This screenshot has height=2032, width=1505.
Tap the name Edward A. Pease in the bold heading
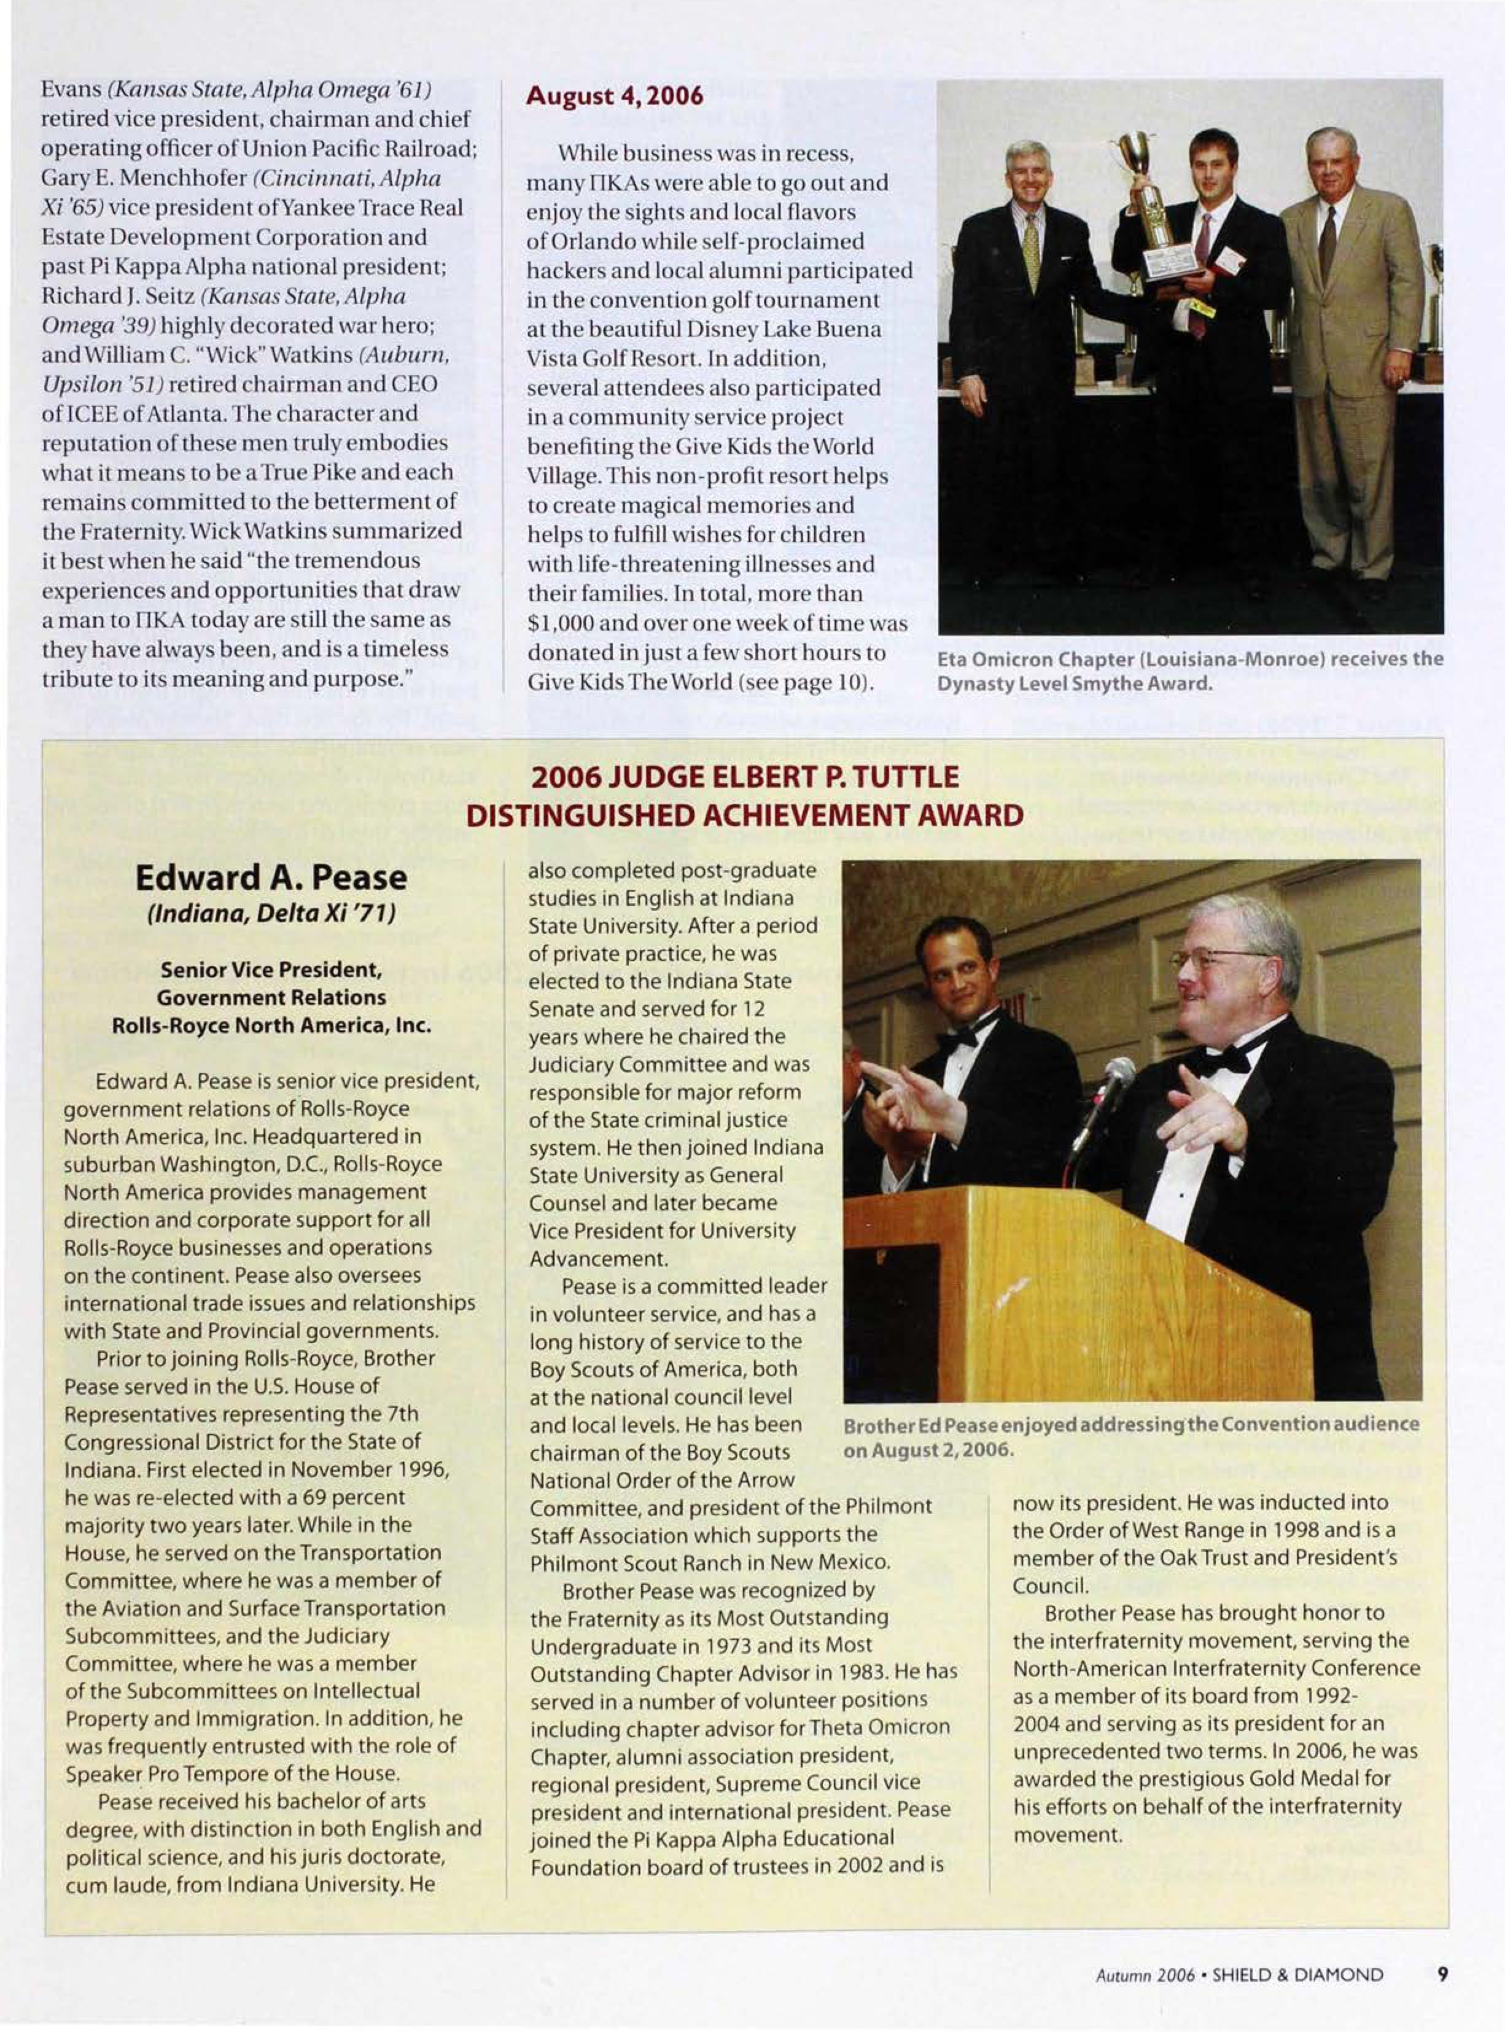[271, 878]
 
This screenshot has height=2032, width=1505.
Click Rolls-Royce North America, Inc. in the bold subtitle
[271, 1025]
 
